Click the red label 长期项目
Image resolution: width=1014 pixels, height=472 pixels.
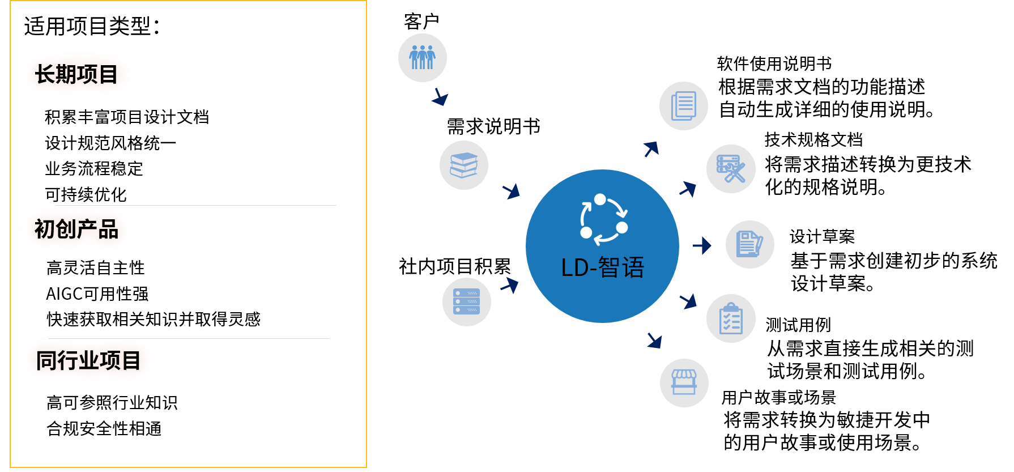[x=76, y=74]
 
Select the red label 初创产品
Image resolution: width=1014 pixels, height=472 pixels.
[x=76, y=229]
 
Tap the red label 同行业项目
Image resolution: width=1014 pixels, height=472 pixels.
[x=88, y=360]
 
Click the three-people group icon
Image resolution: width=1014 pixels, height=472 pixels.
[x=423, y=58]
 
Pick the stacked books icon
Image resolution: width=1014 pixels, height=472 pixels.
[x=464, y=165]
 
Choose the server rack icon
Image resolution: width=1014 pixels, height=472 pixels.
[x=467, y=302]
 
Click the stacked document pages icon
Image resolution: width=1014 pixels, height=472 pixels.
[x=684, y=106]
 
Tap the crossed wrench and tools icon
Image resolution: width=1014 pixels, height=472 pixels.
[x=731, y=169]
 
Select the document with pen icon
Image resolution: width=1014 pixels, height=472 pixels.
[x=750, y=244]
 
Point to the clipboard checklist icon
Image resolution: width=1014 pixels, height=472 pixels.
[x=731, y=318]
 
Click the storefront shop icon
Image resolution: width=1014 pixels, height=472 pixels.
[x=684, y=383]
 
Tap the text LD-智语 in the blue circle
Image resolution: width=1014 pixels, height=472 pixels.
[x=602, y=267]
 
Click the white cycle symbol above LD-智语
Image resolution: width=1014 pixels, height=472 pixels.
[x=603, y=220]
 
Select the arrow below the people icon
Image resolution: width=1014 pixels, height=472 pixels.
[x=440, y=97]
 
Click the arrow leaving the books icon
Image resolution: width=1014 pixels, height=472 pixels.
[x=512, y=191]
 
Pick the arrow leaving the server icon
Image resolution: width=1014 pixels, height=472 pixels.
[x=510, y=284]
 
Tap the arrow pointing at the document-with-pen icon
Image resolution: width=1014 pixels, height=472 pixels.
[x=702, y=245]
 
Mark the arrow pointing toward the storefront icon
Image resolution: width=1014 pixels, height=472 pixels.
[x=655, y=340]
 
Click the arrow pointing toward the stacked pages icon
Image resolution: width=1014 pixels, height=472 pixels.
[x=651, y=149]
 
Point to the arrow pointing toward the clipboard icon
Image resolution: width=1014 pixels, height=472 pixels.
[x=688, y=301]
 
